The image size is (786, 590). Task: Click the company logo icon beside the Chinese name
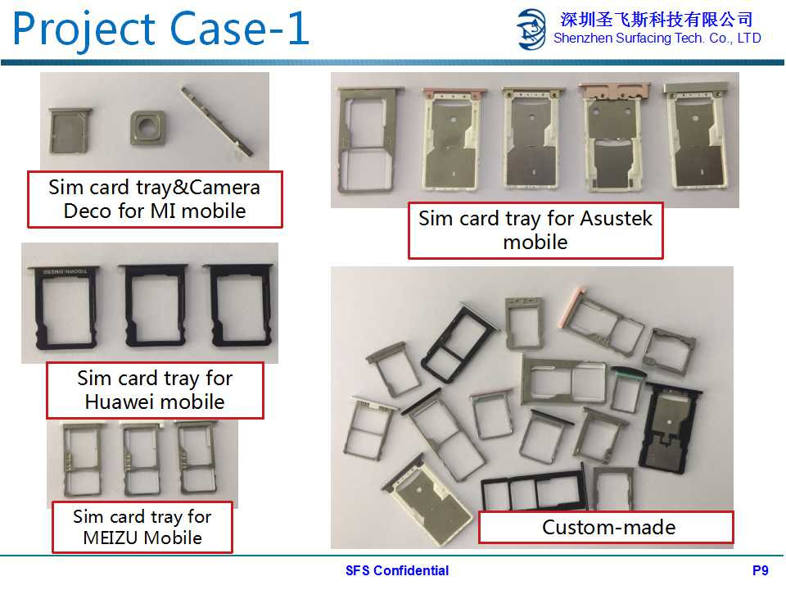(x=531, y=29)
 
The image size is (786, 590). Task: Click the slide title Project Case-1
(x=160, y=29)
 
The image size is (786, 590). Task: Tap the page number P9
(x=760, y=570)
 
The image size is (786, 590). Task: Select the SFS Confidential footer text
(x=397, y=570)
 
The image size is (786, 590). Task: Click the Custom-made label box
(x=606, y=527)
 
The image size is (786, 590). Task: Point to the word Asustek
(x=616, y=219)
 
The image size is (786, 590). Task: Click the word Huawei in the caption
(x=120, y=402)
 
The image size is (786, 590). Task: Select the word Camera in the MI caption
(x=224, y=188)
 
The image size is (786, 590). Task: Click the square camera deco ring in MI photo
(x=147, y=128)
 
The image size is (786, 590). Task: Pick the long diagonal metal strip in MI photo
(x=215, y=121)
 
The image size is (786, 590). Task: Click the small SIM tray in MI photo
(x=70, y=129)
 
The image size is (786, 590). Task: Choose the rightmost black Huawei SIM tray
(x=241, y=305)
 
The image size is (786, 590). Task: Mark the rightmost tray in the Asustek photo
(x=696, y=135)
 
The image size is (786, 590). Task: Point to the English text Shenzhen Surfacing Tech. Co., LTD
(x=657, y=39)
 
